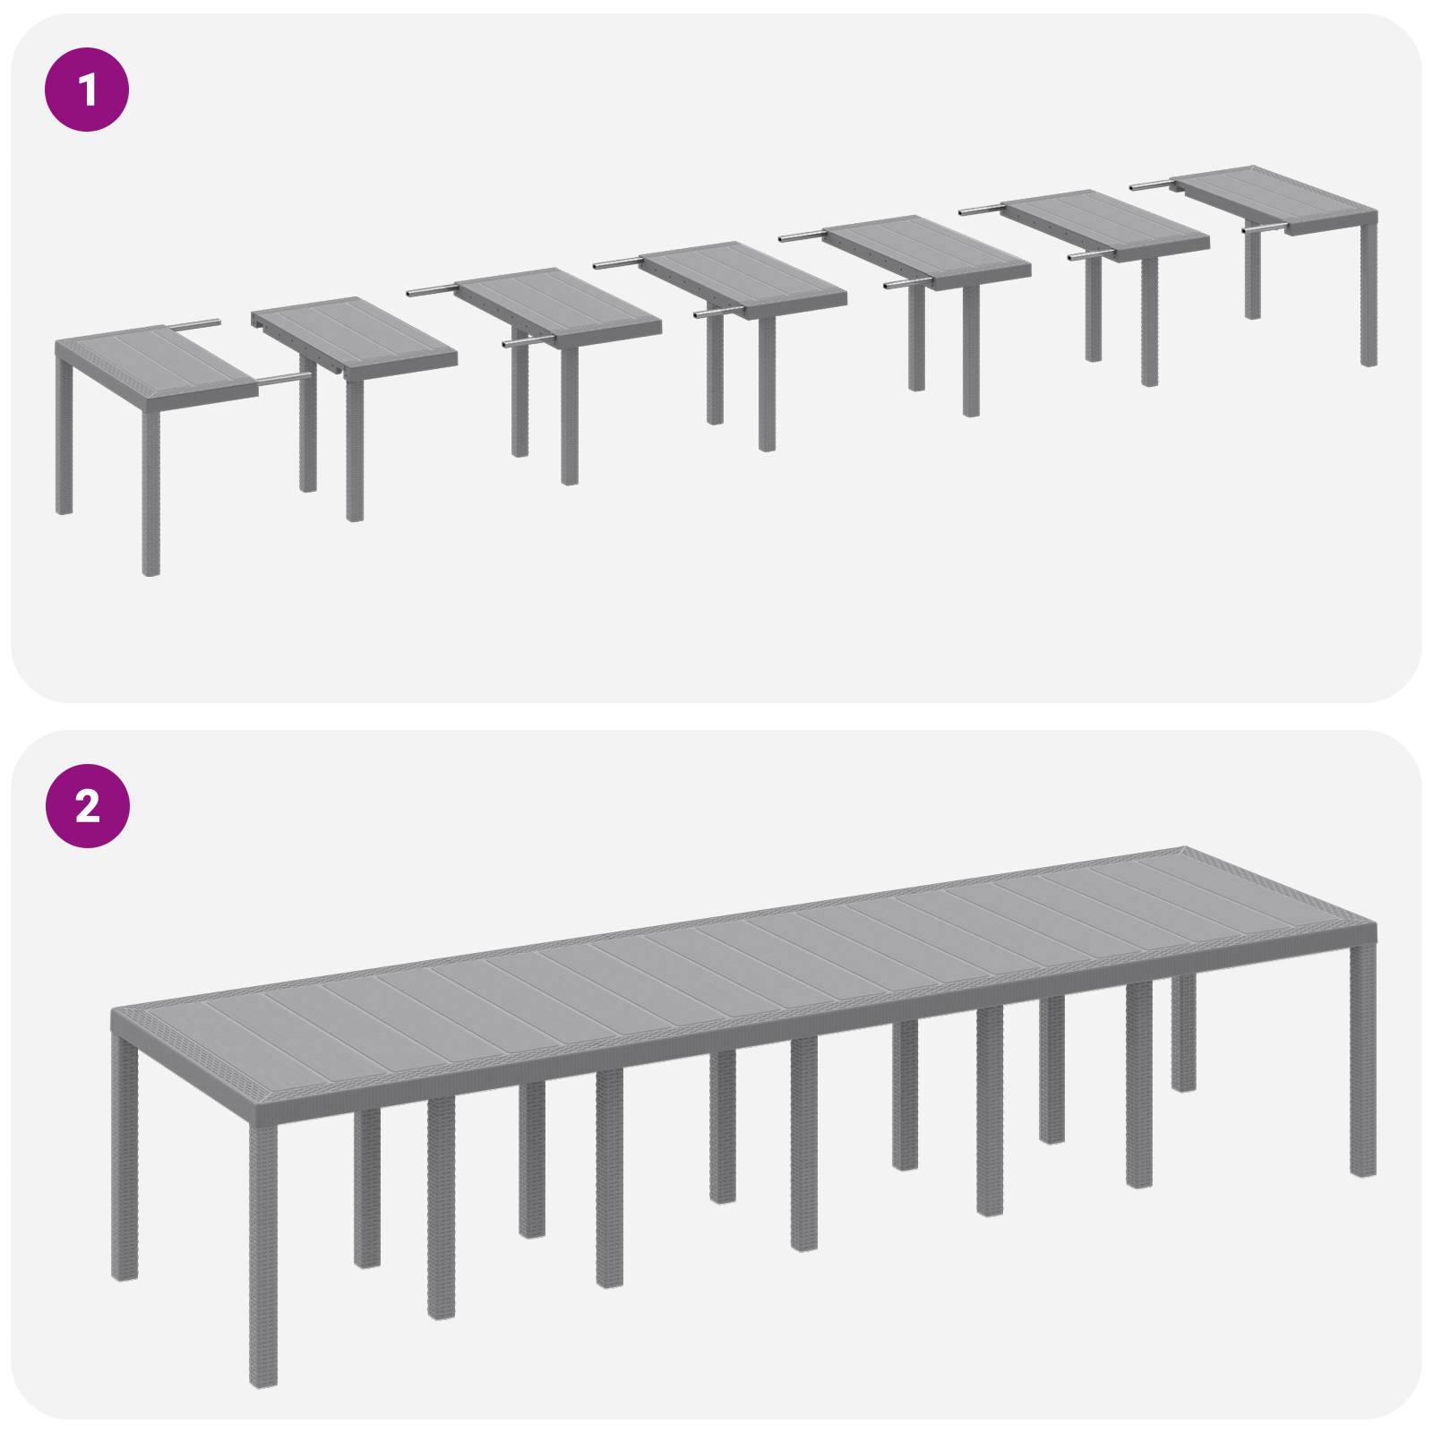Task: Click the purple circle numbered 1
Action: [87, 90]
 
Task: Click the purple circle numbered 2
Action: [87, 806]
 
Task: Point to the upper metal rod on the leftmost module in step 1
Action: [193, 323]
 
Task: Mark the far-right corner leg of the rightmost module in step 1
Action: [1368, 296]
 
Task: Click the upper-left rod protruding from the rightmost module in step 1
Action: [1151, 185]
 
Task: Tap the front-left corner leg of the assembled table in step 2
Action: [262, 1254]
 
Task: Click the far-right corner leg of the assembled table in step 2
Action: [1362, 1057]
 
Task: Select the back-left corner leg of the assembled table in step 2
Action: [124, 1155]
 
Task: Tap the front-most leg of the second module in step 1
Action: [355, 448]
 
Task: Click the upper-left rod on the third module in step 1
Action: [432, 291]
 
